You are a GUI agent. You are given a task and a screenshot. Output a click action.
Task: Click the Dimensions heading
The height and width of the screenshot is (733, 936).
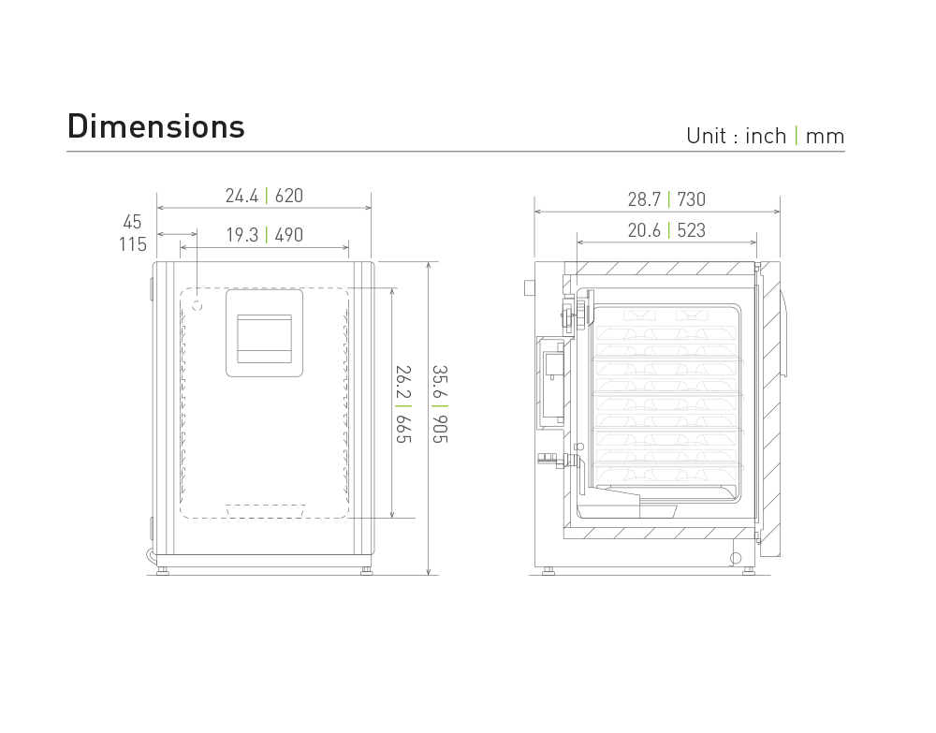[x=156, y=126]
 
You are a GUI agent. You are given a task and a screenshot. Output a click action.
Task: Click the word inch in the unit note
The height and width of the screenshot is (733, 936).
[x=766, y=137]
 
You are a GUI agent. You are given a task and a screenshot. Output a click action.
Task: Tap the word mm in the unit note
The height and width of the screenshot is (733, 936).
[x=825, y=137]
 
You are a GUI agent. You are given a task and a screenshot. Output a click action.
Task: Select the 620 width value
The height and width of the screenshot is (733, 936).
[x=289, y=197]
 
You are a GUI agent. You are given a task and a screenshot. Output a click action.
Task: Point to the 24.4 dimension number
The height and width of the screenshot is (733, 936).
[x=241, y=197]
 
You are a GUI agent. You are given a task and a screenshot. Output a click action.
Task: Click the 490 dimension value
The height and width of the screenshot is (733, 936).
[x=289, y=235]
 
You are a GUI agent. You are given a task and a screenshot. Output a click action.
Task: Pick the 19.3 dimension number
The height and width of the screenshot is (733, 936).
[x=241, y=235]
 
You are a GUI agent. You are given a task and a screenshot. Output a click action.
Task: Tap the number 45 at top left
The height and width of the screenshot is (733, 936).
[x=132, y=222]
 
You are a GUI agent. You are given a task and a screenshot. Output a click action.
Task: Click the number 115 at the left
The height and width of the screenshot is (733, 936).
[x=132, y=244]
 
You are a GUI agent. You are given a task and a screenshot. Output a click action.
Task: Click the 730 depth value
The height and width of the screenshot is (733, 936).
[x=691, y=199]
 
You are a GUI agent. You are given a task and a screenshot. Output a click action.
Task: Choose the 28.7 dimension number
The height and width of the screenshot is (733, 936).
[x=644, y=199]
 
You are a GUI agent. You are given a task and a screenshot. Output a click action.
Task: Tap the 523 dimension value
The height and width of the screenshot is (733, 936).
[x=691, y=230]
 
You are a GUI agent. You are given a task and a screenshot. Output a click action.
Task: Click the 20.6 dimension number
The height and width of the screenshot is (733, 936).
[x=644, y=230]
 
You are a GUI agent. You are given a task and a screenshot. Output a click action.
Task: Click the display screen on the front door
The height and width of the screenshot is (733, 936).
[x=264, y=338]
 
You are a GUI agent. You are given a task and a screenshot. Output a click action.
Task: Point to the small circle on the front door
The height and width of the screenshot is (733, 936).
[x=197, y=305]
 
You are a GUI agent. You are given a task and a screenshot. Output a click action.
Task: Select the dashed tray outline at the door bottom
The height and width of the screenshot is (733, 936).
[x=266, y=511]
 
